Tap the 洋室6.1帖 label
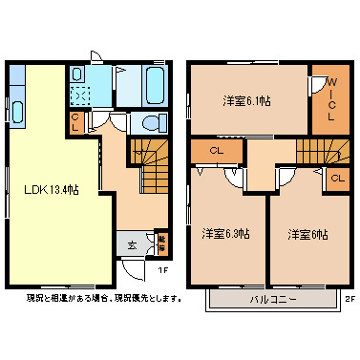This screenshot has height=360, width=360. pyautogui.click(x=246, y=100)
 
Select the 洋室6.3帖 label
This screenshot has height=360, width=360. pyautogui.click(x=225, y=233)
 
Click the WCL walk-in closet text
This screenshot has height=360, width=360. pyautogui.click(x=330, y=99)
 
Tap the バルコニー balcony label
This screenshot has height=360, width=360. pyautogui.click(x=274, y=299)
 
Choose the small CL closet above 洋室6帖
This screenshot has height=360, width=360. pyautogui.click(x=338, y=178)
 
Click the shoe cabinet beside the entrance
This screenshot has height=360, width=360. pyautogui.click(x=161, y=244)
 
